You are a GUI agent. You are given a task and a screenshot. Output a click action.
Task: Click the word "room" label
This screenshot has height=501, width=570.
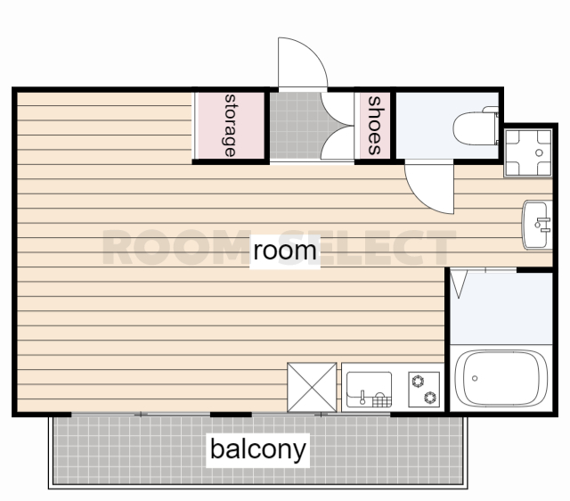click(x=285, y=251)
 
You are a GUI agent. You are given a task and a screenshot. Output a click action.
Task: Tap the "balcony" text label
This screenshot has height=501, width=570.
click(x=257, y=450)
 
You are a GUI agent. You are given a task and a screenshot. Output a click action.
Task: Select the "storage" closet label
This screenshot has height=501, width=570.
click(x=230, y=126)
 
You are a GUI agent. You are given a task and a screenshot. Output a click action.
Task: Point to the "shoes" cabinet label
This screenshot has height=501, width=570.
click(x=374, y=126)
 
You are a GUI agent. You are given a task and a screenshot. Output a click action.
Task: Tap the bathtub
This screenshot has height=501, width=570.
click(x=501, y=378)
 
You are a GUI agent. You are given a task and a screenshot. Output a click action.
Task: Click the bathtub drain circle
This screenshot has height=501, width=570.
click(x=475, y=378)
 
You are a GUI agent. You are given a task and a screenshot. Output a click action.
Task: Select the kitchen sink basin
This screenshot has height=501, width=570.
click(x=369, y=390)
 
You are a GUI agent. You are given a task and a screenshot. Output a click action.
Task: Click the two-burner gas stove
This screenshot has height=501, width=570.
click(x=424, y=390)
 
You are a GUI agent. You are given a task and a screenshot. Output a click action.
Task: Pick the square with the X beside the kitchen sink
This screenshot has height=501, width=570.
click(x=312, y=387)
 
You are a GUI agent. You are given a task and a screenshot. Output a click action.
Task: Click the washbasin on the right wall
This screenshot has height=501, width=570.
click(x=537, y=225)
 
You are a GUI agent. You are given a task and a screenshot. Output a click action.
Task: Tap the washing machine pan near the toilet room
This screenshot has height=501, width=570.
click(x=528, y=152)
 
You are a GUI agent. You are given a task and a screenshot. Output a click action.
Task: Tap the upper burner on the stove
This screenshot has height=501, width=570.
click(x=418, y=382)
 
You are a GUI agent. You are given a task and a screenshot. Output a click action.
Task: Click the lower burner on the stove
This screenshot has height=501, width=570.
click(x=430, y=398)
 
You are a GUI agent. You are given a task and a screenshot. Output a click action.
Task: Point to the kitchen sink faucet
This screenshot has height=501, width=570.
click(x=362, y=398)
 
